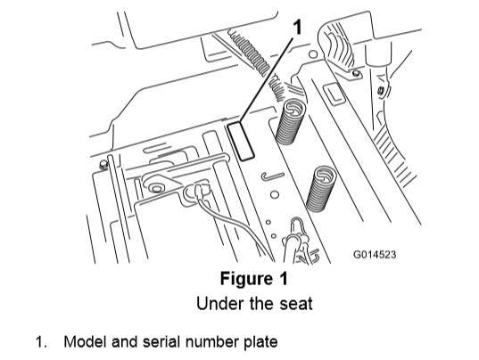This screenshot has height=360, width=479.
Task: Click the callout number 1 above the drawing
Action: point(297,27)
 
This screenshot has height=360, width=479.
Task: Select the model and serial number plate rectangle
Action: point(241,141)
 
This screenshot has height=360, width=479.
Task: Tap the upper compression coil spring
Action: point(290,122)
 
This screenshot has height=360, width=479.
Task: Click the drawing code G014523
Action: point(375,254)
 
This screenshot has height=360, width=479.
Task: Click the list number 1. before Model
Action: point(42,342)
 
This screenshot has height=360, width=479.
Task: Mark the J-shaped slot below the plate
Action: point(273,176)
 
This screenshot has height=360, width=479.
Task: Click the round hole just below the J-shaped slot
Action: point(275,194)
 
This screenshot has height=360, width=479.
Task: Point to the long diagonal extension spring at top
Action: point(249,52)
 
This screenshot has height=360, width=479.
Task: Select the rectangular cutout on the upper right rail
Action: point(334,94)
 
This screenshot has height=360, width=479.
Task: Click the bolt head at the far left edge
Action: point(103,165)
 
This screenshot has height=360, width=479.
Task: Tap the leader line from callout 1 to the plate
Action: point(267,79)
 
